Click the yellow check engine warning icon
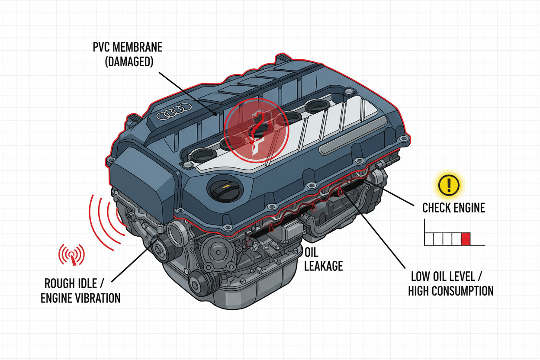449,186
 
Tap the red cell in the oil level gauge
466,239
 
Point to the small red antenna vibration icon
71,255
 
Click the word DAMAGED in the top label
123,61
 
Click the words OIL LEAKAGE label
323,259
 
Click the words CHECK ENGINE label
453,208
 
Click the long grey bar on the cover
353,136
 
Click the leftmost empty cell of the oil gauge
429,239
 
